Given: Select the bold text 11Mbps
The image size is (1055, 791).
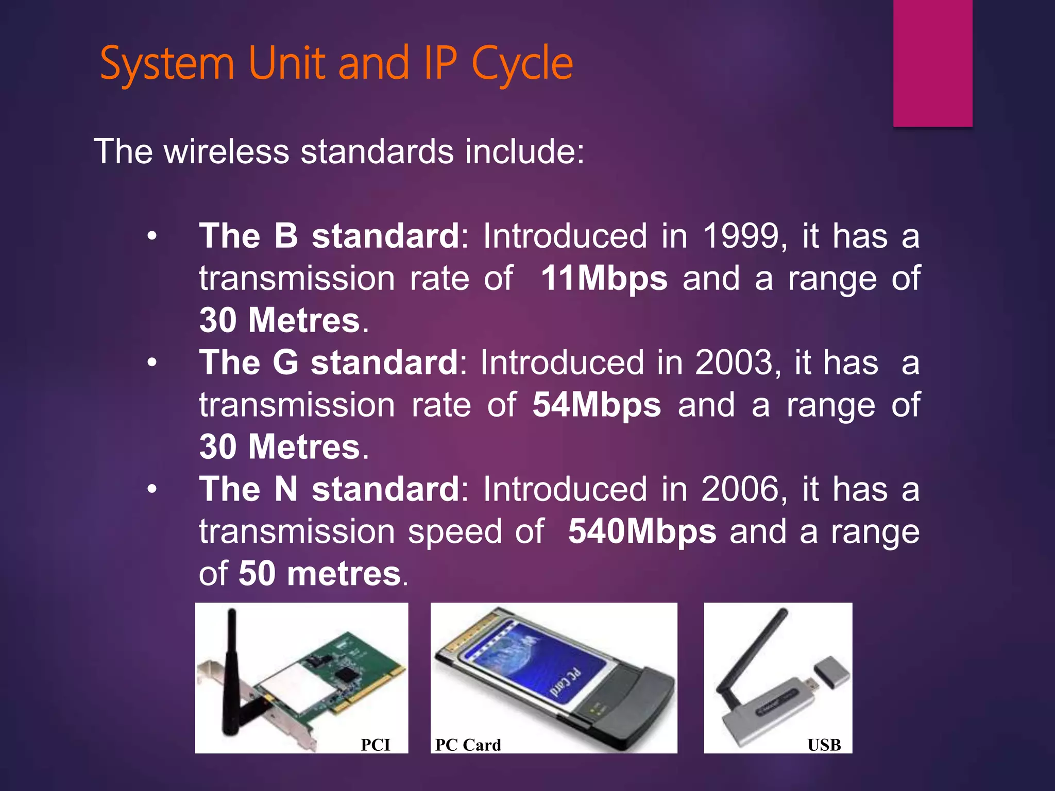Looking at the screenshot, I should pyautogui.click(x=604, y=279).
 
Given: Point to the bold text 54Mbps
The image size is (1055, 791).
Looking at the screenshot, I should pyautogui.click(x=597, y=405).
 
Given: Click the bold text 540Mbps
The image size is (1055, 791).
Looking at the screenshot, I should pyautogui.click(x=642, y=531).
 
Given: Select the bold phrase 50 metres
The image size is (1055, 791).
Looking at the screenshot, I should pyautogui.click(x=320, y=574).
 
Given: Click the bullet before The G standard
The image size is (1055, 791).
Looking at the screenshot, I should pyautogui.click(x=151, y=363).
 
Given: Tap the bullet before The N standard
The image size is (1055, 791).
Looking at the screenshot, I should pyautogui.click(x=151, y=489).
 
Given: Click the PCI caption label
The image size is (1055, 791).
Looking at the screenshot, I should pyautogui.click(x=375, y=745).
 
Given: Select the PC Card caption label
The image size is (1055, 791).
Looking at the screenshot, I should pyautogui.click(x=468, y=745).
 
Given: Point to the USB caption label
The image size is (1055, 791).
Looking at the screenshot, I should pyautogui.click(x=824, y=745).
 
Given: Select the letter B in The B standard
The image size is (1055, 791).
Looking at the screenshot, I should pyautogui.click(x=286, y=236).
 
